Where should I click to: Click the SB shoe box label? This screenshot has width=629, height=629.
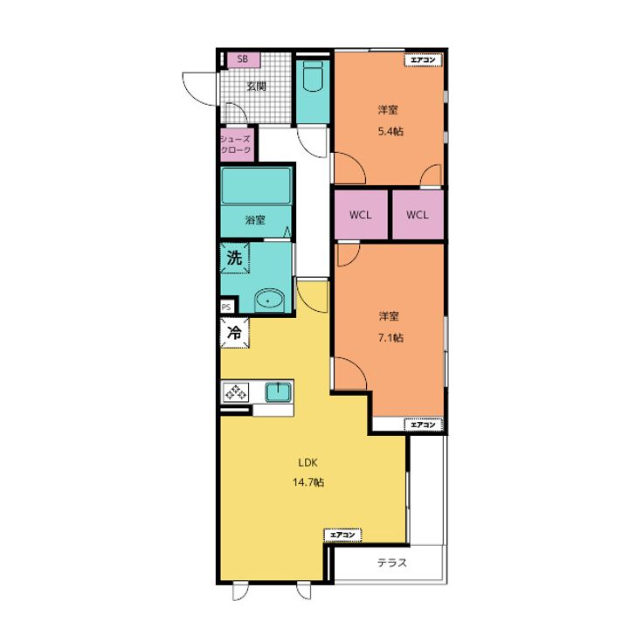(242, 59)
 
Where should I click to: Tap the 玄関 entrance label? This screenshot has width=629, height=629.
(256, 86)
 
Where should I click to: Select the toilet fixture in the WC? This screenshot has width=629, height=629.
(313, 77)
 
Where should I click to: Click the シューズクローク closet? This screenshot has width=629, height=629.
(237, 144)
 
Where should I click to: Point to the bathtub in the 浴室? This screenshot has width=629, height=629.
(256, 186)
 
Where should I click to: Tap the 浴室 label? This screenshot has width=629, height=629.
(255, 220)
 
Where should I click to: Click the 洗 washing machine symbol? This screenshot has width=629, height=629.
(235, 258)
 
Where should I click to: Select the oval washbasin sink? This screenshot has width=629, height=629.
(269, 300)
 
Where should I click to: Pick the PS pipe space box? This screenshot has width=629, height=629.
(226, 308)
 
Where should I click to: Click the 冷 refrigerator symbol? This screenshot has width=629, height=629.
(235, 333)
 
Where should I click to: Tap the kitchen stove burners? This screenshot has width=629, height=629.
(236, 392)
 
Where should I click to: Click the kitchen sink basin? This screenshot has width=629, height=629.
(278, 391)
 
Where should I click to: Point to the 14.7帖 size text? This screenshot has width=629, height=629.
(308, 482)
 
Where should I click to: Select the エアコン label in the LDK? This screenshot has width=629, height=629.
(342, 536)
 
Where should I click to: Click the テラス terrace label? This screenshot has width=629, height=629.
(392, 563)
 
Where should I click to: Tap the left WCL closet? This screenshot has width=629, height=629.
(361, 215)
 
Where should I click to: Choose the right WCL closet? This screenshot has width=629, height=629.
(418, 215)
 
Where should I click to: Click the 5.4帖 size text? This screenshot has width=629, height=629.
(391, 131)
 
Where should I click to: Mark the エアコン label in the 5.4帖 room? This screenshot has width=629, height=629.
(423, 60)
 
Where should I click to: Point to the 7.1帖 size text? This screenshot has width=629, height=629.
(391, 338)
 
